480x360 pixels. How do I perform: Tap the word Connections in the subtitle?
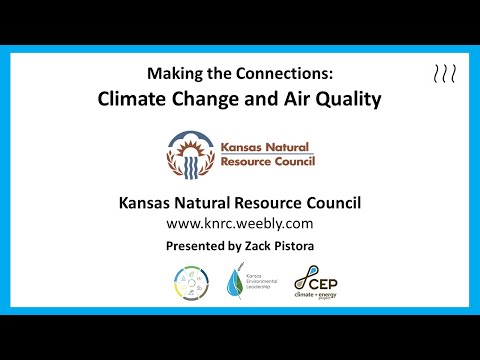pyautogui.click(x=283, y=73)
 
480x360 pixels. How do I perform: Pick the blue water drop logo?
pyautogui.click(x=235, y=283)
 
